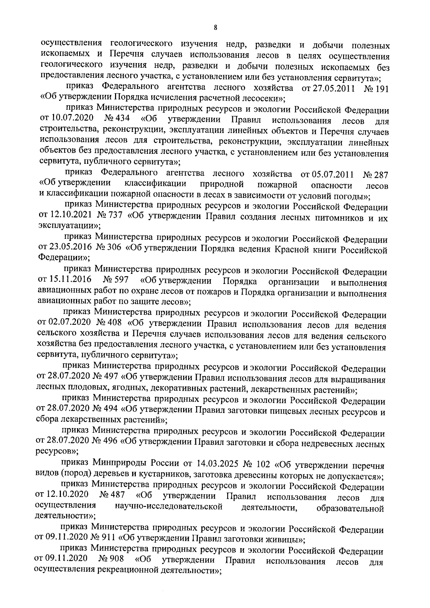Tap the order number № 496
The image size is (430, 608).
point(106,443)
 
